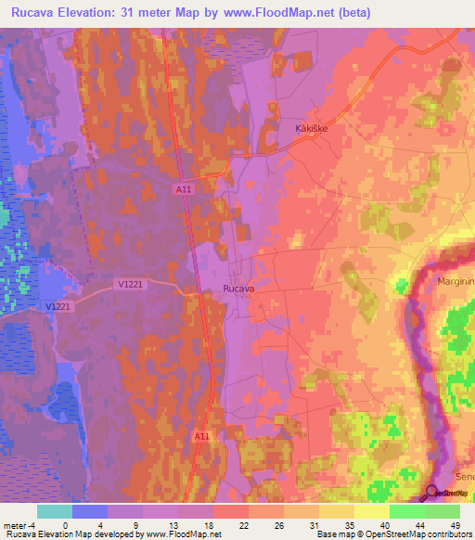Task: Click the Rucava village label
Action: pyautogui.click(x=239, y=289)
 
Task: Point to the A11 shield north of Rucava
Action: pyautogui.click(x=185, y=188)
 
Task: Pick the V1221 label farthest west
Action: pyautogui.click(x=58, y=306)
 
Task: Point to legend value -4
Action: pyautogui.click(x=31, y=525)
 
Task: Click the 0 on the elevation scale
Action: pyautogui.click(x=65, y=525)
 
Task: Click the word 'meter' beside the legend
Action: pyautogui.click(x=13, y=525)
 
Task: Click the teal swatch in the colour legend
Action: pyautogui.click(x=55, y=511)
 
